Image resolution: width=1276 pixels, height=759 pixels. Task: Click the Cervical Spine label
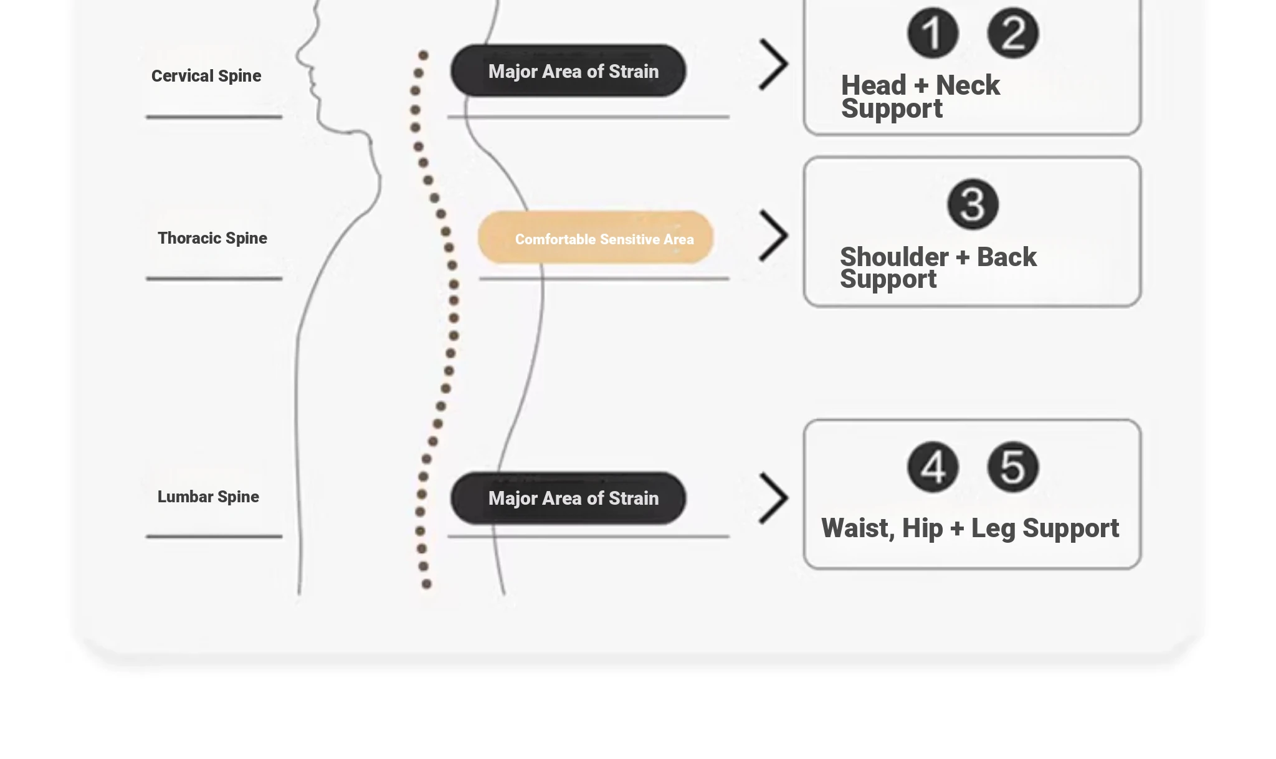pos(206,76)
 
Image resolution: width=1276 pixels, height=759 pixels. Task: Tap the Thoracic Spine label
pos(212,238)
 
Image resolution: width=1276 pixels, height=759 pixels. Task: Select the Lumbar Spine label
pos(208,497)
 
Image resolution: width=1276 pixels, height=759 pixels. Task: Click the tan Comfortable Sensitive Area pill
pos(596,237)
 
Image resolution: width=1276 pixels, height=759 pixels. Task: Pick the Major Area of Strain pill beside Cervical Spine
pos(568,70)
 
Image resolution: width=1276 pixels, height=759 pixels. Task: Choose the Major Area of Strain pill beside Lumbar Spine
pos(568,498)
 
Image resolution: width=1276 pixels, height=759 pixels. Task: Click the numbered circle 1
pos(933,33)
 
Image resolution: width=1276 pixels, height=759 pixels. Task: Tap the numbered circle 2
pos(1013,33)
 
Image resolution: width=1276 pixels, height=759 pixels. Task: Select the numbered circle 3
pos(973,204)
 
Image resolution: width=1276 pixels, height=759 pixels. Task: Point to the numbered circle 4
pos(933,467)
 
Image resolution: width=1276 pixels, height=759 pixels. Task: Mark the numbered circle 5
pos(1013,467)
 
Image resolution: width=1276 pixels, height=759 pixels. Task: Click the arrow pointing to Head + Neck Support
pos(774,64)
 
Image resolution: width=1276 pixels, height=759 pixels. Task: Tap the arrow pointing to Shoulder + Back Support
pos(774,235)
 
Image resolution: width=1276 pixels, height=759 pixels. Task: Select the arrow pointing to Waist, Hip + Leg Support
pos(774,498)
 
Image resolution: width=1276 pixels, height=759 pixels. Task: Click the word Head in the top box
pos(874,85)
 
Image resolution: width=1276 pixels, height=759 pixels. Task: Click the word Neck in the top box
pos(968,85)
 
